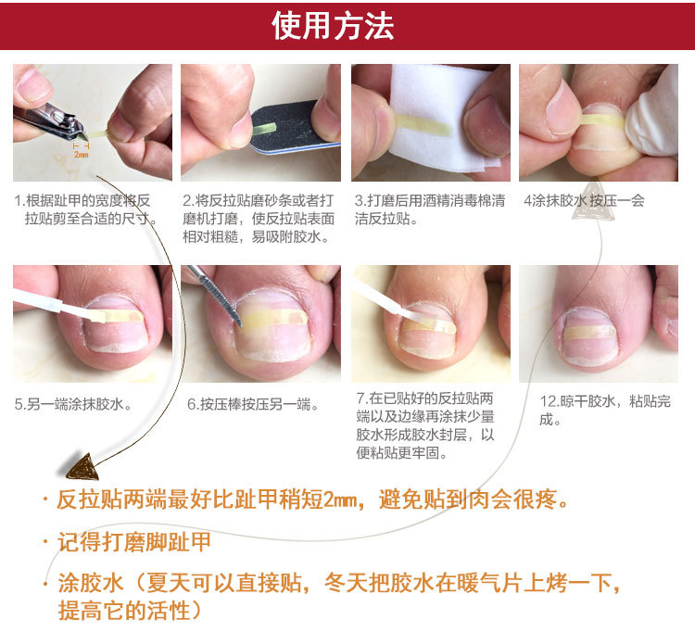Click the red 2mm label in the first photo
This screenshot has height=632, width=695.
[81, 155]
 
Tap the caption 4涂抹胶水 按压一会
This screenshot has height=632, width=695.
[583, 200]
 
